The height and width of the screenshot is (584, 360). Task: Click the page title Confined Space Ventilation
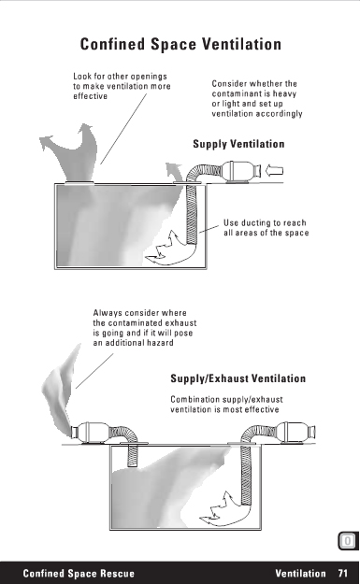tap(180, 44)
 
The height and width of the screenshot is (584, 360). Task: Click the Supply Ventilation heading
tap(238, 144)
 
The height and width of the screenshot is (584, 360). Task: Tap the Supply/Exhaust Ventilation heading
tap(238, 378)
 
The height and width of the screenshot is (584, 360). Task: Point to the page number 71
tap(343, 573)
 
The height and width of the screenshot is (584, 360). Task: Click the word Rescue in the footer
tap(116, 573)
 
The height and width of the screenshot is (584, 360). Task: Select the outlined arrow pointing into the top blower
tap(274, 171)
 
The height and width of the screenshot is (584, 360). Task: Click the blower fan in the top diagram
tap(240, 172)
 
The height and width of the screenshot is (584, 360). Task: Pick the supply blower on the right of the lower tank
tap(296, 433)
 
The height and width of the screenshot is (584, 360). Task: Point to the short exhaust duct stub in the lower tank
tap(132, 455)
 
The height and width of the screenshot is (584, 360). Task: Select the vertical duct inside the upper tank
tap(192, 214)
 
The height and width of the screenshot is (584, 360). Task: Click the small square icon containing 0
tap(347, 541)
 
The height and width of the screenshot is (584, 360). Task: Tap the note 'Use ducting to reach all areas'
tap(266, 228)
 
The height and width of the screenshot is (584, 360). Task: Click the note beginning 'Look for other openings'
tap(122, 86)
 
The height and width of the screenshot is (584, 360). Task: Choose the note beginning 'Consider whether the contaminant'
tap(257, 98)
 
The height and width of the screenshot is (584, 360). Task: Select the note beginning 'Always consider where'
tap(145, 328)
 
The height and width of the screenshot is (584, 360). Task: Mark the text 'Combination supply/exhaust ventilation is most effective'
tap(226, 405)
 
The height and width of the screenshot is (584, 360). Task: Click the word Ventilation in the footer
tap(300, 573)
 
